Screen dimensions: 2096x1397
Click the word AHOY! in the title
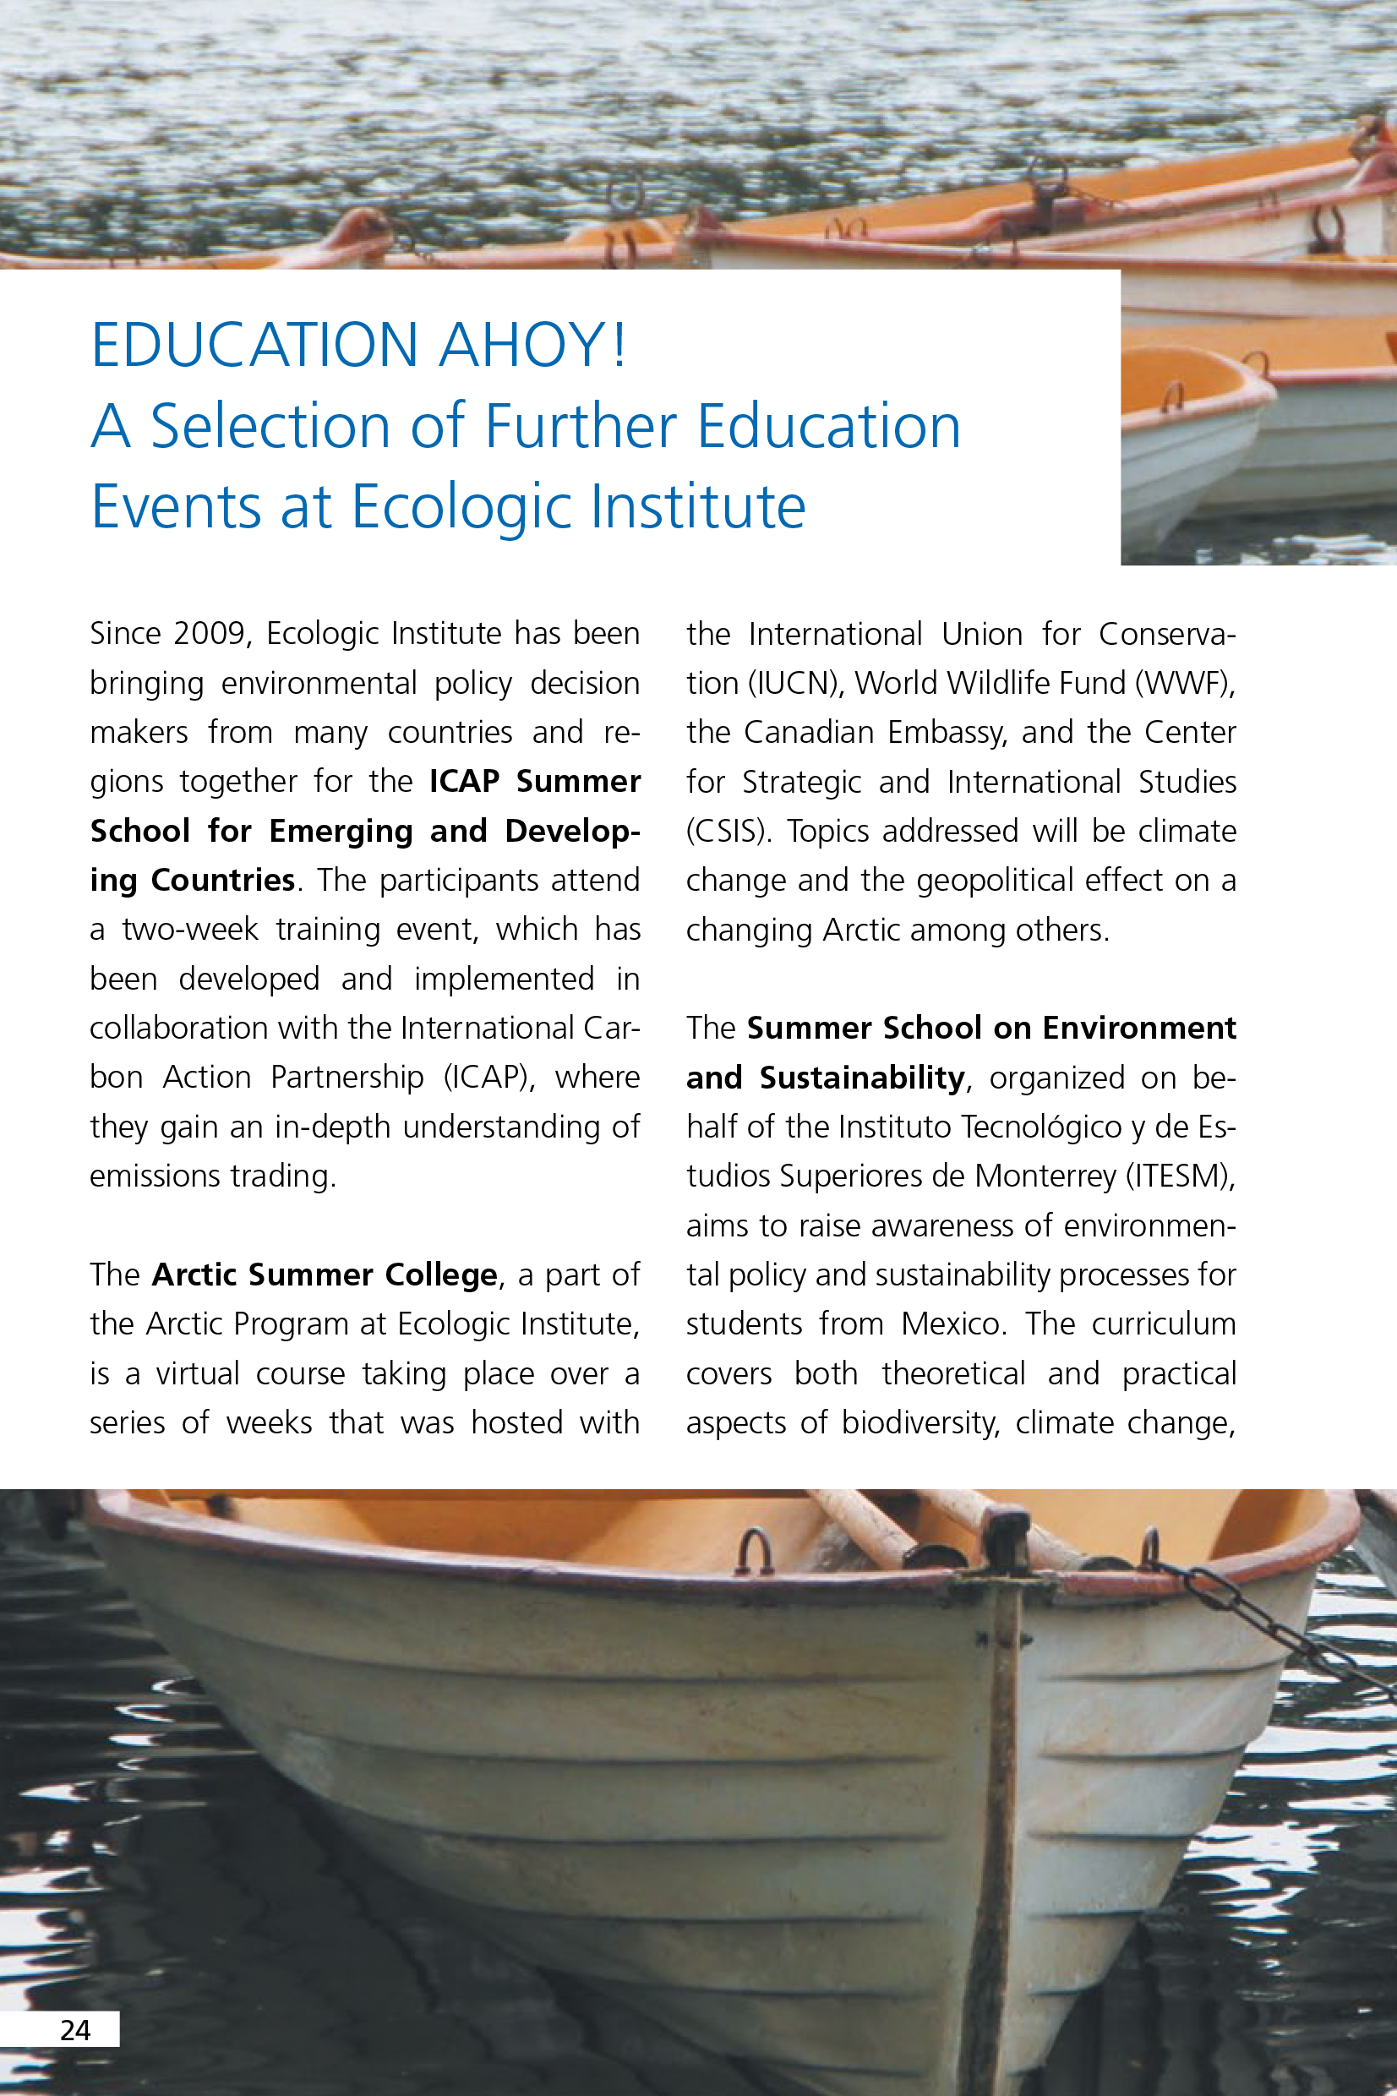pos(532,345)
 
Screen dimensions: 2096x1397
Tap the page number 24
pos(75,2030)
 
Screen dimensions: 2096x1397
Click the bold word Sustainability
pos(861,1078)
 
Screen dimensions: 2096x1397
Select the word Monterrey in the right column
pos(1045,1176)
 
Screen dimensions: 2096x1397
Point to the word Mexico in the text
pos(952,1324)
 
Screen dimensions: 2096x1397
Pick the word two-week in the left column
pos(190,930)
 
